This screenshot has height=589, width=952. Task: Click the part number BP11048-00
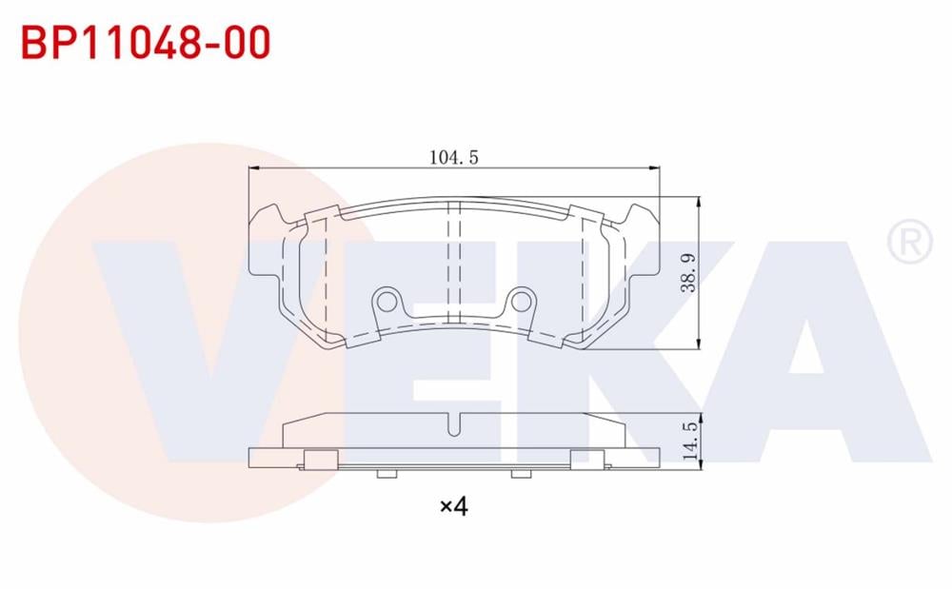(x=146, y=43)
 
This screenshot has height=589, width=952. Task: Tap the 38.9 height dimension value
(x=690, y=273)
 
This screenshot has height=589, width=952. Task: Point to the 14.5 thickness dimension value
(x=690, y=441)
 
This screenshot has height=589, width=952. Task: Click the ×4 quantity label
(x=454, y=505)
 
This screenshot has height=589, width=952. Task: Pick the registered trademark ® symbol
(x=909, y=243)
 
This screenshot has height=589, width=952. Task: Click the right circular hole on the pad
(x=521, y=302)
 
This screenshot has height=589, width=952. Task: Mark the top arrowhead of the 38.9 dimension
(x=700, y=203)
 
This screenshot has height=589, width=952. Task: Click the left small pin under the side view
(x=386, y=473)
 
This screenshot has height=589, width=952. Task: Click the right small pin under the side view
(x=519, y=473)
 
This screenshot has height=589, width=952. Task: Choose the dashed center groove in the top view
(x=454, y=262)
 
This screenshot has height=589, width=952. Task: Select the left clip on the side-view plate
(x=319, y=459)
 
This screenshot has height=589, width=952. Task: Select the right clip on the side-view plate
(x=588, y=459)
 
